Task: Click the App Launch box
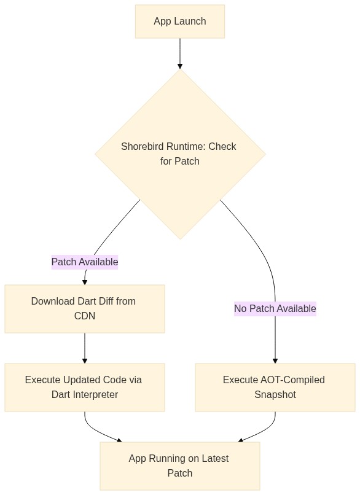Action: [x=179, y=21]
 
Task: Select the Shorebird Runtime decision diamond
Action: [x=179, y=154]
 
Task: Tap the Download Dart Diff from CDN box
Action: [x=84, y=308]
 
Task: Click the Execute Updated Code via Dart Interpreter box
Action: [x=84, y=387]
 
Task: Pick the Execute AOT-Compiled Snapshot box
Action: [x=275, y=387]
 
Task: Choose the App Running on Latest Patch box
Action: [x=179, y=466]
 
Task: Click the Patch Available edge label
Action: [x=84, y=262]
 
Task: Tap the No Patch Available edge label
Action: [x=275, y=308]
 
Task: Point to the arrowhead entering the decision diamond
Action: [x=179, y=66]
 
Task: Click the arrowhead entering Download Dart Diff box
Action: [x=84, y=282]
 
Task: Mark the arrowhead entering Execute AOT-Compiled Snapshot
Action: [x=275, y=361]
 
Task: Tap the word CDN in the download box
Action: [x=84, y=316]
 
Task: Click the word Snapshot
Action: [x=275, y=394]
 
